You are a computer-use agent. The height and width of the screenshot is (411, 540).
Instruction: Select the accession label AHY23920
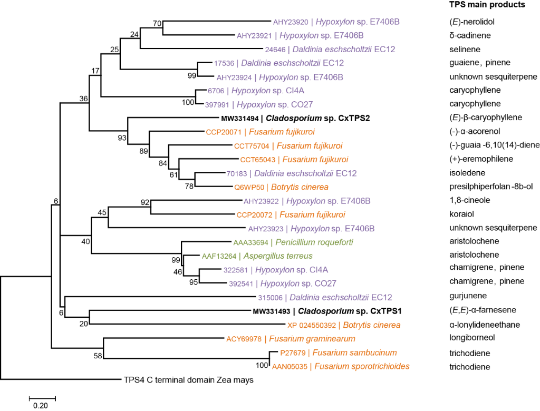(x=292, y=22)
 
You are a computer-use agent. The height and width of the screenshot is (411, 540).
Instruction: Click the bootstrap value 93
(x=122, y=139)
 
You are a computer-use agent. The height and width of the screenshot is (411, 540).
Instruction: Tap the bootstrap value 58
(x=98, y=356)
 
